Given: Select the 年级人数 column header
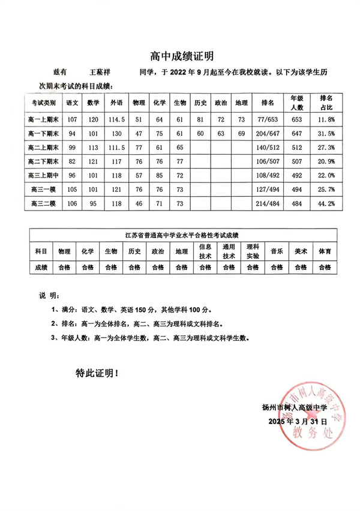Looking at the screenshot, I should click(x=296, y=102).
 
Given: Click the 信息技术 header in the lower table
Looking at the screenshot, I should click(x=205, y=251).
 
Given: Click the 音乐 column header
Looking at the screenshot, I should click(x=277, y=251).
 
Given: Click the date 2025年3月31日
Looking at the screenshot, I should click(x=294, y=422).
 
